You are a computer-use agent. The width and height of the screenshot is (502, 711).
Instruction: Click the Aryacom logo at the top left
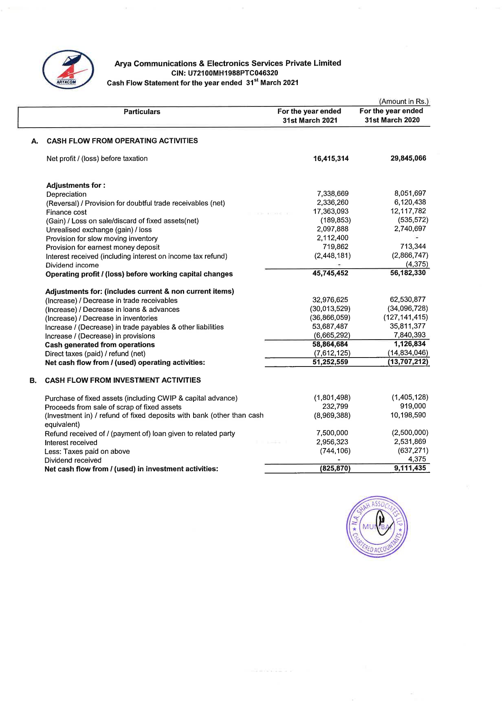click(x=68, y=70)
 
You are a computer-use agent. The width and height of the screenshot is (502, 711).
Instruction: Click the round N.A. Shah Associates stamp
click(x=377, y=527)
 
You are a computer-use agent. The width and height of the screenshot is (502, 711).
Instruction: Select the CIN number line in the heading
click(x=225, y=73)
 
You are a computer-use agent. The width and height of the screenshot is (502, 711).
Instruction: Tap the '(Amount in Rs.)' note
click(x=404, y=102)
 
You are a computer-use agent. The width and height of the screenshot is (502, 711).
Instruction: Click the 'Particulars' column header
click(x=142, y=112)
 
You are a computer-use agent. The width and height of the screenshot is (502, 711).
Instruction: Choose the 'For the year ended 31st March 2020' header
click(x=392, y=115)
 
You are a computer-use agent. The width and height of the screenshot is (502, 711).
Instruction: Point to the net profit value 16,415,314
click(x=330, y=159)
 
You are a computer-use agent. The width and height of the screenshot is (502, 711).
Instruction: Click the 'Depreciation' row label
click(x=66, y=194)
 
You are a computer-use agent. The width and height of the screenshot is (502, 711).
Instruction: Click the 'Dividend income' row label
click(x=72, y=265)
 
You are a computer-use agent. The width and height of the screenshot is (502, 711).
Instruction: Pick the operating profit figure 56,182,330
click(x=407, y=273)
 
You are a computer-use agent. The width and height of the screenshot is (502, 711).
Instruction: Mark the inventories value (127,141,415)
click(x=405, y=317)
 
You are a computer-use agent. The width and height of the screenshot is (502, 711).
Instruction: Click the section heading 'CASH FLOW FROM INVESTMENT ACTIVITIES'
click(x=123, y=380)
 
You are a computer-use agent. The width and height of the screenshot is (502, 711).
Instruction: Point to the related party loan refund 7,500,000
click(x=332, y=433)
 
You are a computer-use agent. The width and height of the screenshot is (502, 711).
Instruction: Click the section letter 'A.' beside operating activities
click(x=35, y=141)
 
